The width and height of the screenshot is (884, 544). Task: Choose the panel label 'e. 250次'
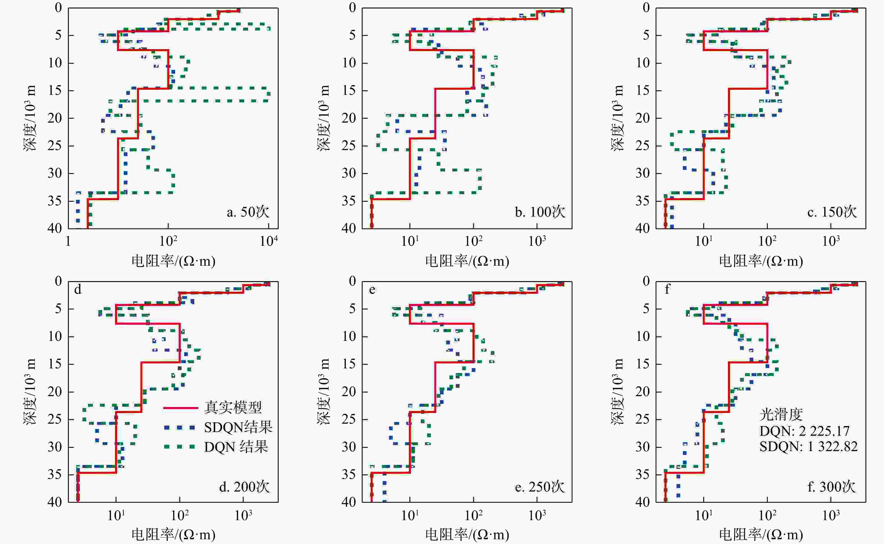pos(540,487)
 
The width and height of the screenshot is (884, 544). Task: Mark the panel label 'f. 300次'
pos(831,487)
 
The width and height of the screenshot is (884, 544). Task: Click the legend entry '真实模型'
pos(233,407)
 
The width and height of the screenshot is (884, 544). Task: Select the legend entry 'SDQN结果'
pos(238,428)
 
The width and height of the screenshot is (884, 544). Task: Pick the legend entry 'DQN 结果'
pos(236,447)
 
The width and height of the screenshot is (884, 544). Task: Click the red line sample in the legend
pos(181,408)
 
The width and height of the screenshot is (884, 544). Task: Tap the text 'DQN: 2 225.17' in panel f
pos(804,431)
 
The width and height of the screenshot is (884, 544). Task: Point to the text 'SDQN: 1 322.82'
pos(809,446)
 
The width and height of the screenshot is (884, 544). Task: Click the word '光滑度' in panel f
pos(781,414)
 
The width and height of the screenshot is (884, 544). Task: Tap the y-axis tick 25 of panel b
pos(349,146)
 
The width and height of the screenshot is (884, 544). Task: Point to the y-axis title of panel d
pos(31,391)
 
